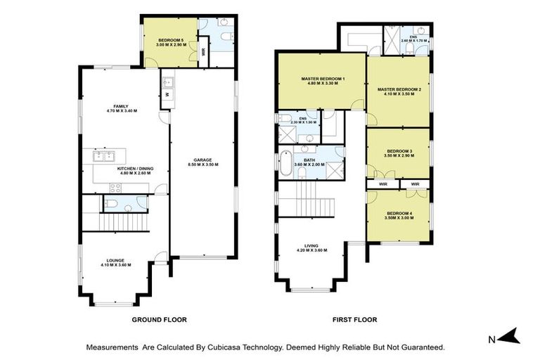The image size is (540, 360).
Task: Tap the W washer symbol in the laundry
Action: tap(167, 95)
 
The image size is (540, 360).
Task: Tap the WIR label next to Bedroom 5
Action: tap(203, 52)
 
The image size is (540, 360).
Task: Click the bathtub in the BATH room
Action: tap(285, 164)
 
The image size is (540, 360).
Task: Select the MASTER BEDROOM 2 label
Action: tap(399, 89)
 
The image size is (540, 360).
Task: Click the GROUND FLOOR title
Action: tap(160, 319)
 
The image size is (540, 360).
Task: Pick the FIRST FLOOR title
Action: tap(354, 319)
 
